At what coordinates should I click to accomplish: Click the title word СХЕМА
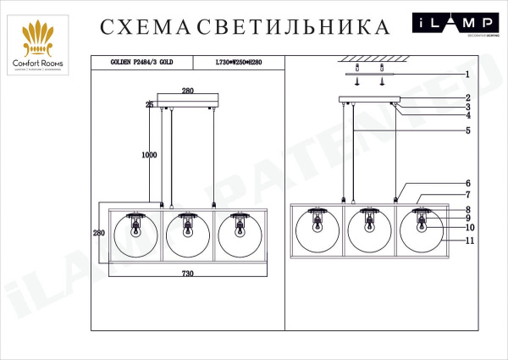point(146,27)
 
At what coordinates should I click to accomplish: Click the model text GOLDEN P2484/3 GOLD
point(141,63)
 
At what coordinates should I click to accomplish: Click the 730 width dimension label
point(187,274)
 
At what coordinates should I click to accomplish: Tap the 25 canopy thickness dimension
point(149,105)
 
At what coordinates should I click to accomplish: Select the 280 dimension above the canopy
point(187,90)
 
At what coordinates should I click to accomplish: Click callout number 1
point(467,74)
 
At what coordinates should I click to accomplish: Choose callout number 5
point(467,130)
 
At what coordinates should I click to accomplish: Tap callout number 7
point(467,195)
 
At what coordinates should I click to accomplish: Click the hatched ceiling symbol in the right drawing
point(369,58)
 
